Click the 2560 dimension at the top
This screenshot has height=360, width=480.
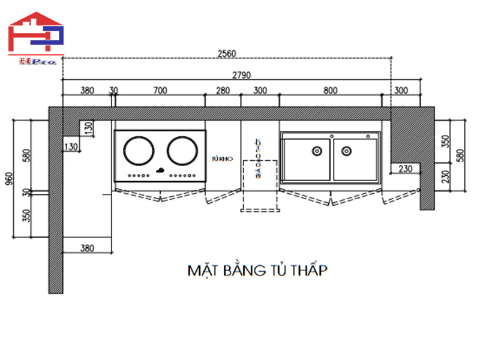pos(227,53)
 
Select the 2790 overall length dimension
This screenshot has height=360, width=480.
pos(241,75)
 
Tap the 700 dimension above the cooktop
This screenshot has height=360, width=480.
pos(160,91)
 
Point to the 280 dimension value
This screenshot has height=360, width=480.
pos(223,91)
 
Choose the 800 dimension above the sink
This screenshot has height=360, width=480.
pos(330,91)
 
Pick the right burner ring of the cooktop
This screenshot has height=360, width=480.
pos(182,151)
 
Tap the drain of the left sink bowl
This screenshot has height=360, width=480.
pos(315,151)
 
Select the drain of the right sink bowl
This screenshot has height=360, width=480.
pos(346,151)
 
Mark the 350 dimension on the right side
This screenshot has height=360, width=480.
pos(445,142)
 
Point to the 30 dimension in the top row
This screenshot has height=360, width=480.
pos(113,91)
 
